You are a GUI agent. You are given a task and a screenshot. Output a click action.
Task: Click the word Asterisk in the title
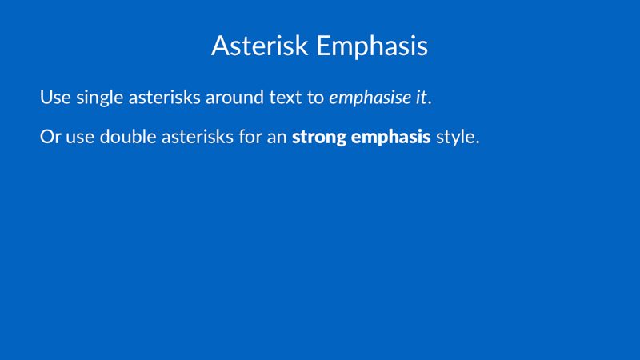coord(259,46)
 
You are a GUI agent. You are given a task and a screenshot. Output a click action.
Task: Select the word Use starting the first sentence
coord(55,98)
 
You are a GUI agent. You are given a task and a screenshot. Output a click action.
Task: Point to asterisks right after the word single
coord(165,98)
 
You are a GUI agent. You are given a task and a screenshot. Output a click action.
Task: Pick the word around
coord(234,98)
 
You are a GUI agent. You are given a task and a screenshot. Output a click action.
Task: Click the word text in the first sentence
coord(286,98)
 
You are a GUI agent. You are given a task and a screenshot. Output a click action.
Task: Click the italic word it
coord(422,98)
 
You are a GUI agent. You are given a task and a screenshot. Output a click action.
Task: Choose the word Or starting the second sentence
coord(50,137)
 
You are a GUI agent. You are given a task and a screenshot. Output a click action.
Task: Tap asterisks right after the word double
coord(198,137)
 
